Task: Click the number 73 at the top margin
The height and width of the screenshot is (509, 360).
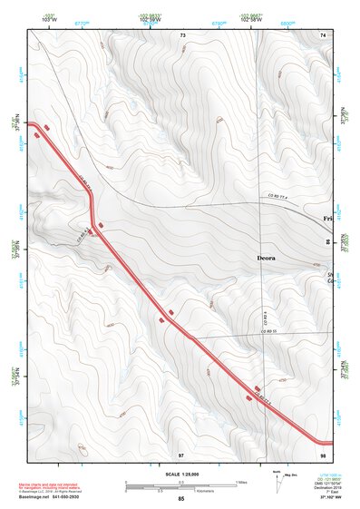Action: pos(182,34)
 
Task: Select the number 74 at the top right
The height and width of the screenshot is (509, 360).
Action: pos(323,34)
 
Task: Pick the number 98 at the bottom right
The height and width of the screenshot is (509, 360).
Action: pos(323,453)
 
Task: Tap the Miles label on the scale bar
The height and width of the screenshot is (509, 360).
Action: pos(240,482)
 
